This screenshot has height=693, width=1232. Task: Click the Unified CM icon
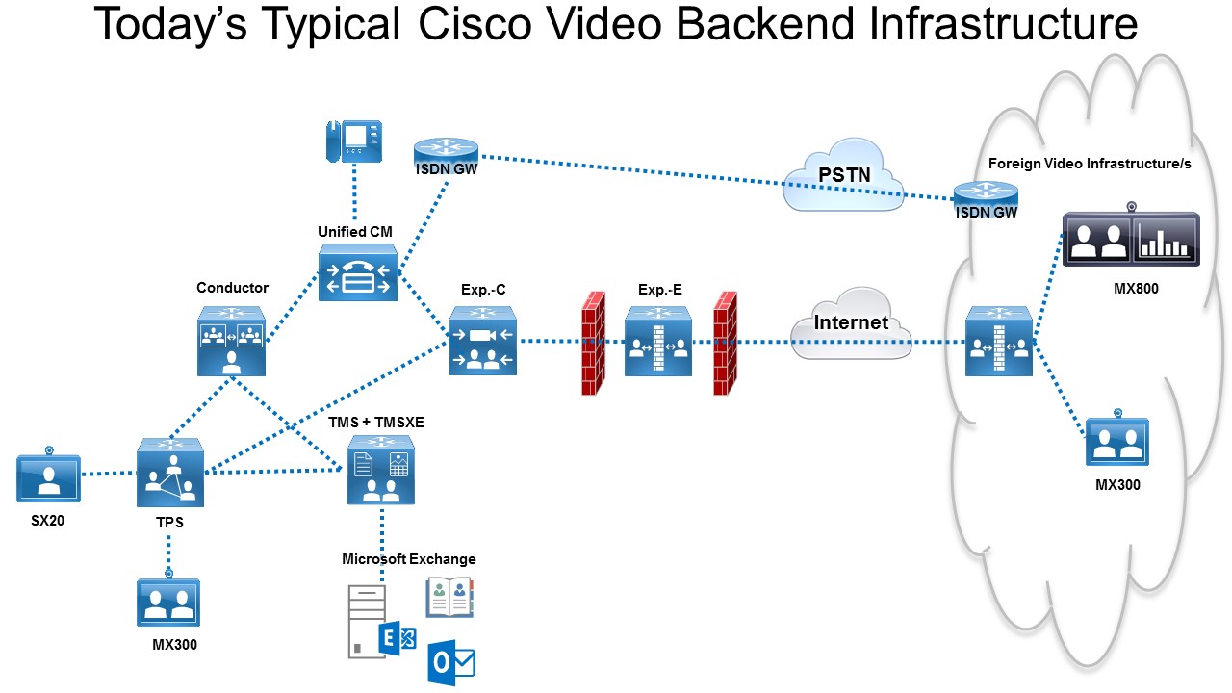357,272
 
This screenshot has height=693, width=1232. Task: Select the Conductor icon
231,341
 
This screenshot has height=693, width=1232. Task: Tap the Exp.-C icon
482,341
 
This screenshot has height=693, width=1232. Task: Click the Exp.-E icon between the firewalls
658,341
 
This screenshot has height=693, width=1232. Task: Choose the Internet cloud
851,323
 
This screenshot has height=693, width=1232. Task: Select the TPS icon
170,472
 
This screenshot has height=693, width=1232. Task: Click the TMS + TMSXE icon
381,470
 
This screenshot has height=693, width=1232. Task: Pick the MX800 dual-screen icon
1131,238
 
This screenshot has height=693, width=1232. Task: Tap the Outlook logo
451,661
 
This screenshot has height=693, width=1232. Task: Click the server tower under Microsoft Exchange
365,622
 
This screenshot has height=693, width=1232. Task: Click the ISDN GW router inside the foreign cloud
985,195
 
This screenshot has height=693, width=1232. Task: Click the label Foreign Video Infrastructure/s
1090,164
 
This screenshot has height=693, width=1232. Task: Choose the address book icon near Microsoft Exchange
450,597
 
